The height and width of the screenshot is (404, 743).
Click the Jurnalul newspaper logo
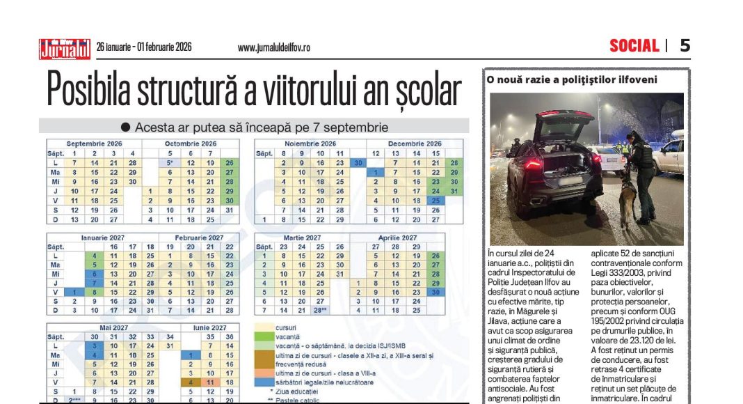(x=64, y=48)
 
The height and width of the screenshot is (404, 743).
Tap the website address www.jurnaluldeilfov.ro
(x=273, y=48)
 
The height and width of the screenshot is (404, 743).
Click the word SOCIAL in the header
(x=634, y=46)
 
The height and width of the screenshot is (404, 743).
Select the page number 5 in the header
(x=685, y=46)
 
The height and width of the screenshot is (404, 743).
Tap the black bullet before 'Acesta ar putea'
(x=125, y=127)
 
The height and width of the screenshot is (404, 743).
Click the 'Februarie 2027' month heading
(x=200, y=237)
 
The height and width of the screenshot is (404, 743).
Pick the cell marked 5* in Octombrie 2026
(x=170, y=162)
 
